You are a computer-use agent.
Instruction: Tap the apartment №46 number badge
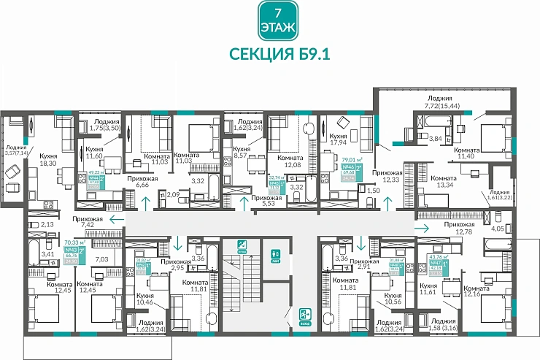click(349, 167)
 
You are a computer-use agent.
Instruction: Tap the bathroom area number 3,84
click(435, 139)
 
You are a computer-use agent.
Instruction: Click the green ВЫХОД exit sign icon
click(306, 315)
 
